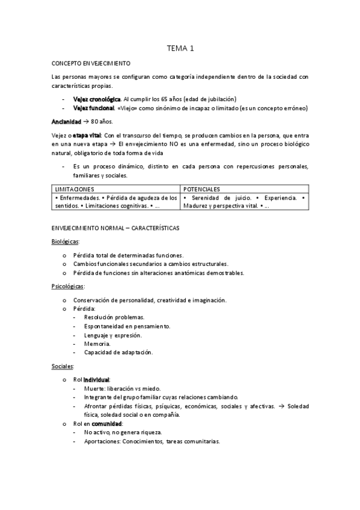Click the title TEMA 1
click(x=180, y=48)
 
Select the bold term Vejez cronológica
click(x=96, y=99)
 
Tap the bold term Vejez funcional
click(x=93, y=108)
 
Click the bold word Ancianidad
click(x=66, y=121)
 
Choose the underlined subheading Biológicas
click(x=66, y=242)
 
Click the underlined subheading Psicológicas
click(x=68, y=286)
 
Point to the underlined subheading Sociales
click(x=63, y=366)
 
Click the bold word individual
click(x=96, y=380)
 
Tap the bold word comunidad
click(x=106, y=423)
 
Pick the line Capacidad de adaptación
click(x=118, y=352)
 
